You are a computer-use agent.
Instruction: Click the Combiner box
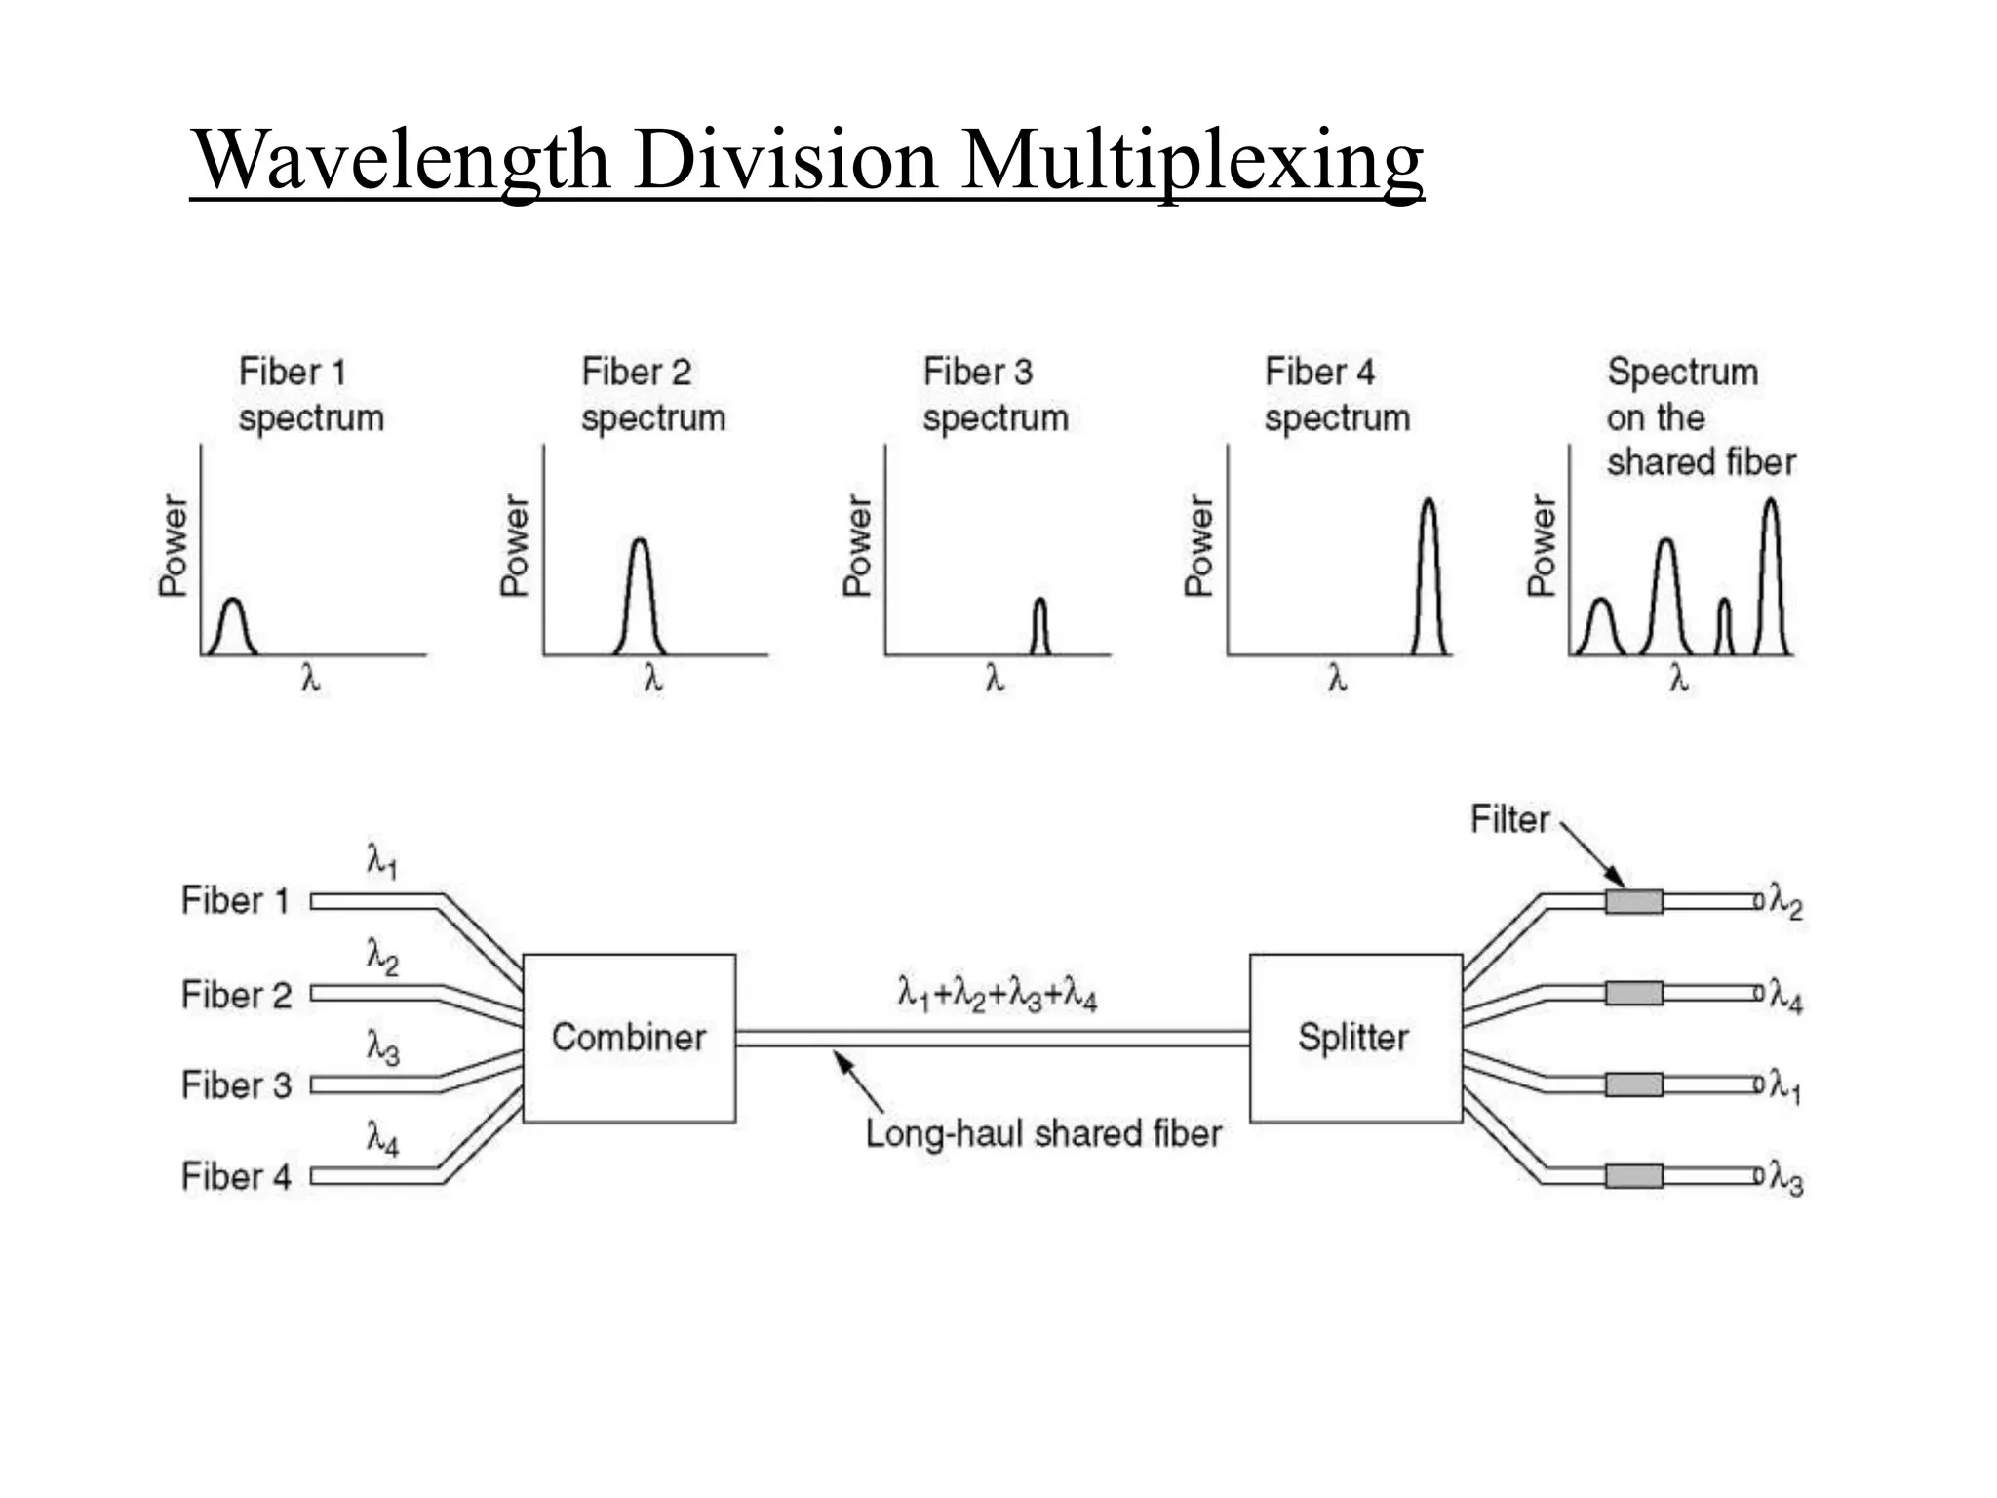click(x=629, y=1038)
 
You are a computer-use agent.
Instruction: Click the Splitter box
click(x=1354, y=1038)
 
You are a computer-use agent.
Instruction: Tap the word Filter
click(x=1509, y=819)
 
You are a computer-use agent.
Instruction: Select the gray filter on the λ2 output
click(x=1634, y=901)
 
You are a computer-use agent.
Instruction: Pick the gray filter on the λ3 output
click(x=1634, y=1175)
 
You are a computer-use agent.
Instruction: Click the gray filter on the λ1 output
click(x=1634, y=1084)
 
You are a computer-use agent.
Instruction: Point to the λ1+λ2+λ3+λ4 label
click(x=997, y=995)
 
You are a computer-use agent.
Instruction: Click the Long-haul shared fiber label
click(x=1043, y=1133)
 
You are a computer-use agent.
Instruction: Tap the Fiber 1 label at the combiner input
click(x=236, y=900)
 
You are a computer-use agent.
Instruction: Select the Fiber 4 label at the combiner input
click(x=236, y=1176)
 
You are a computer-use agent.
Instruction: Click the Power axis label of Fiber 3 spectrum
click(x=857, y=546)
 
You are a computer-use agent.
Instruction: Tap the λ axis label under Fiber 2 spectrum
click(x=653, y=678)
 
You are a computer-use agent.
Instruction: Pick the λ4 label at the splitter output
click(x=1786, y=998)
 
